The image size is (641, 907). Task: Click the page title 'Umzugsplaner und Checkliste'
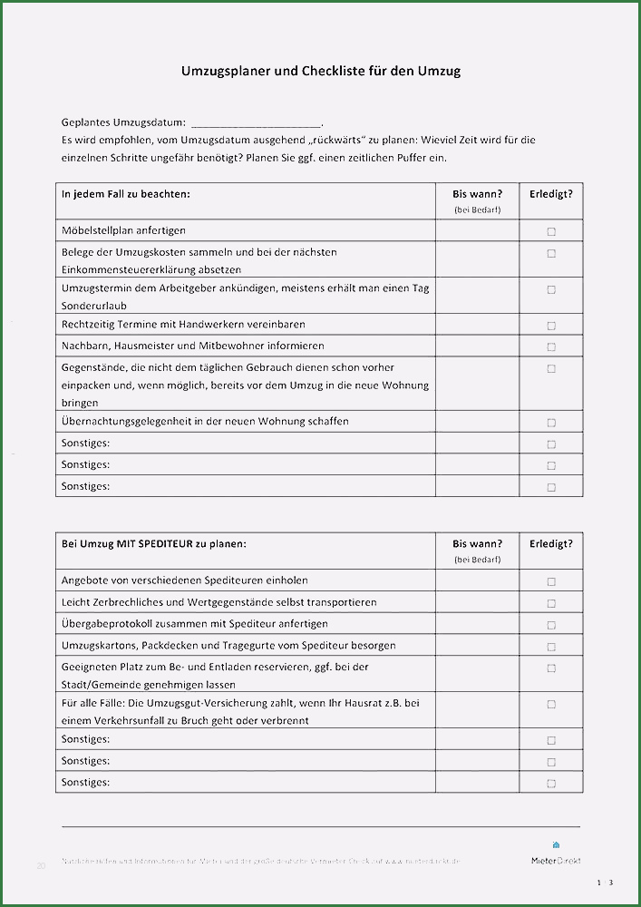[319, 70]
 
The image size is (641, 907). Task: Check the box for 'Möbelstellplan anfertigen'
[551, 231]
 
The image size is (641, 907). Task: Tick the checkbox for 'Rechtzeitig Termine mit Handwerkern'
[551, 326]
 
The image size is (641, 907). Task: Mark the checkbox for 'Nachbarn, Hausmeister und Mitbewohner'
[551, 346]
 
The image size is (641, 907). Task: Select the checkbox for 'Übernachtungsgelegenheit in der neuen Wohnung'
[551, 423]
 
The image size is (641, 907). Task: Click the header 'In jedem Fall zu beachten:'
[126, 193]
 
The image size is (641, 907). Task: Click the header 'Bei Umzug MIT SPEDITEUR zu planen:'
[154, 543]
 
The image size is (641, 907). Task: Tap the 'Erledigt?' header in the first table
[551, 193]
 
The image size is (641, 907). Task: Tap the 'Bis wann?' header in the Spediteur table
[477, 543]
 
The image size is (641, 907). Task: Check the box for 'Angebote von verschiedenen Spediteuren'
[551, 581]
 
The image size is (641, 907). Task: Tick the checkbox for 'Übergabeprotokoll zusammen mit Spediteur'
[551, 625]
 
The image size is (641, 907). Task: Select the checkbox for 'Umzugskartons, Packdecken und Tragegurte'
[551, 647]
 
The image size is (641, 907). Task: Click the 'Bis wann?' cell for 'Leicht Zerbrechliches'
[477, 602]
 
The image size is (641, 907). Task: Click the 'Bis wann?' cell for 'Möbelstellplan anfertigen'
[477, 230]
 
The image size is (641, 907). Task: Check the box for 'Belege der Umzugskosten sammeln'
[551, 253]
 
